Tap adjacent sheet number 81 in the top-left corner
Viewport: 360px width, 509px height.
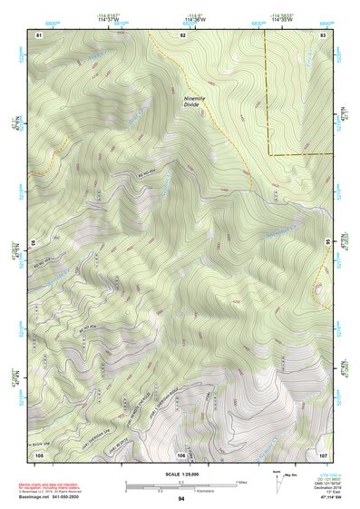[x=39, y=34]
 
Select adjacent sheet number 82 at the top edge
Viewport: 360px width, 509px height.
[x=182, y=34]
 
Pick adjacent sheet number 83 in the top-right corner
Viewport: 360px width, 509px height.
[x=324, y=34]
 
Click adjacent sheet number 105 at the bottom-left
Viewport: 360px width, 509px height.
[x=40, y=454]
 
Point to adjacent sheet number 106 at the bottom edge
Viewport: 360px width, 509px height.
[x=181, y=454]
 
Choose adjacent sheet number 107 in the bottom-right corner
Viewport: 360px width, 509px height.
[x=323, y=454]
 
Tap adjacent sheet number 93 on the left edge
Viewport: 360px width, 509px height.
[x=35, y=243]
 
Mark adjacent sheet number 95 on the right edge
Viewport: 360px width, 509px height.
[x=327, y=243]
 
